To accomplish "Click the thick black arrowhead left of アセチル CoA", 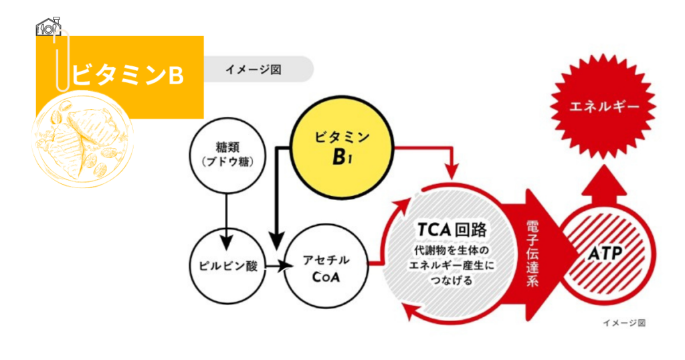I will coord(276,239).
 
